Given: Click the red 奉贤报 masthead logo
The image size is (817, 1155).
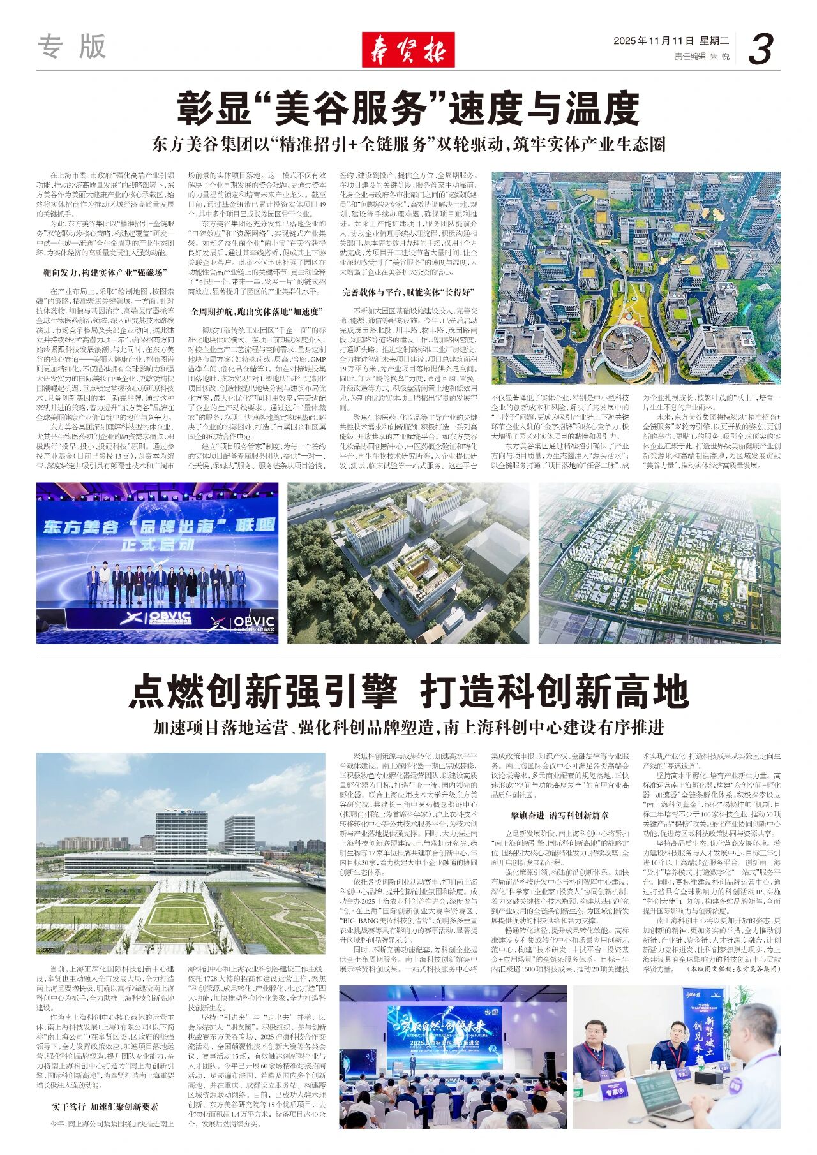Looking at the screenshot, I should point(408,49).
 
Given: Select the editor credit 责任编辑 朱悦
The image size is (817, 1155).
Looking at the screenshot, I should point(701,57).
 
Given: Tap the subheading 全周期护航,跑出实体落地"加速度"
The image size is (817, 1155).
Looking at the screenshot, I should point(256,311).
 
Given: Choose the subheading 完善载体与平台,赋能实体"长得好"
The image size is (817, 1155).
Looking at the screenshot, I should point(408,293).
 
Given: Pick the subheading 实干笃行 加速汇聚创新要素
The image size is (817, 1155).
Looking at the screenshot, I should point(105,1107).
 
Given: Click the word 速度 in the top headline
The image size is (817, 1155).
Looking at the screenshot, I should point(491,109).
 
